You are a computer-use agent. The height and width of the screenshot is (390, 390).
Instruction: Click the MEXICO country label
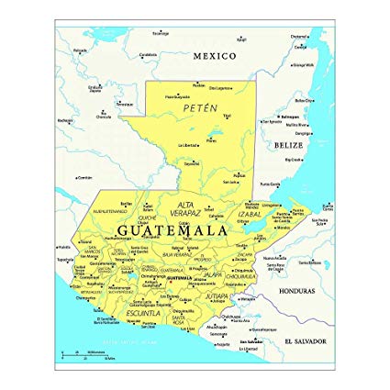coord(214,56)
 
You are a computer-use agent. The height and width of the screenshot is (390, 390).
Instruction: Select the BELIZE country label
coord(288,145)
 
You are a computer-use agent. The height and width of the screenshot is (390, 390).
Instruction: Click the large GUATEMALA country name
coord(173,230)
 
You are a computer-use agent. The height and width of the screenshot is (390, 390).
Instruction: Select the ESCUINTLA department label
coord(143,313)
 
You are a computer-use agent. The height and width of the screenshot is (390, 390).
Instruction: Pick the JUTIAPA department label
coord(217,297)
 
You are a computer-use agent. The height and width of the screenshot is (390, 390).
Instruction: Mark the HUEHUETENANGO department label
coord(112,209)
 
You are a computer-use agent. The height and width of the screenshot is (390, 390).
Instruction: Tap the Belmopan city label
coord(291,117)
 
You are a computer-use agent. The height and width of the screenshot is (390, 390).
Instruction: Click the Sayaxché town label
coord(191,163)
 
